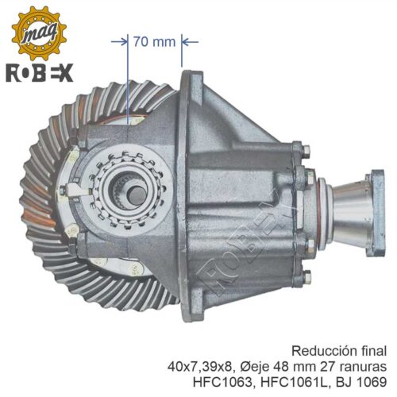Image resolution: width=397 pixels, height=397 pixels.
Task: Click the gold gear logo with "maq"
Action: tap(39, 33)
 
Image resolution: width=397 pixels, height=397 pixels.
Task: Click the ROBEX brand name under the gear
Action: tap(40, 73)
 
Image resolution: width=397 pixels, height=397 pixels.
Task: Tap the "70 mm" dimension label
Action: tap(154, 42)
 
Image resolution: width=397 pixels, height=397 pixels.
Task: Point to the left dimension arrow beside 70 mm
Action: tap(119, 41)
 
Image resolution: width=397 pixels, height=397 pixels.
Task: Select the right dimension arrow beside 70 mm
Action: tap(191, 41)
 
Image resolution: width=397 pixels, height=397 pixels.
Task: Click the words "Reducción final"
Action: tap(339, 351)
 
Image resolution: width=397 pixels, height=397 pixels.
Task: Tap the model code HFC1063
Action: tap(224, 382)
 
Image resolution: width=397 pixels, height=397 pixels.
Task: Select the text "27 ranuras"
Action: tap(353, 367)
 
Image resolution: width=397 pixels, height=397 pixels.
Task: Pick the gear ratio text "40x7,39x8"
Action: tap(201, 367)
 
